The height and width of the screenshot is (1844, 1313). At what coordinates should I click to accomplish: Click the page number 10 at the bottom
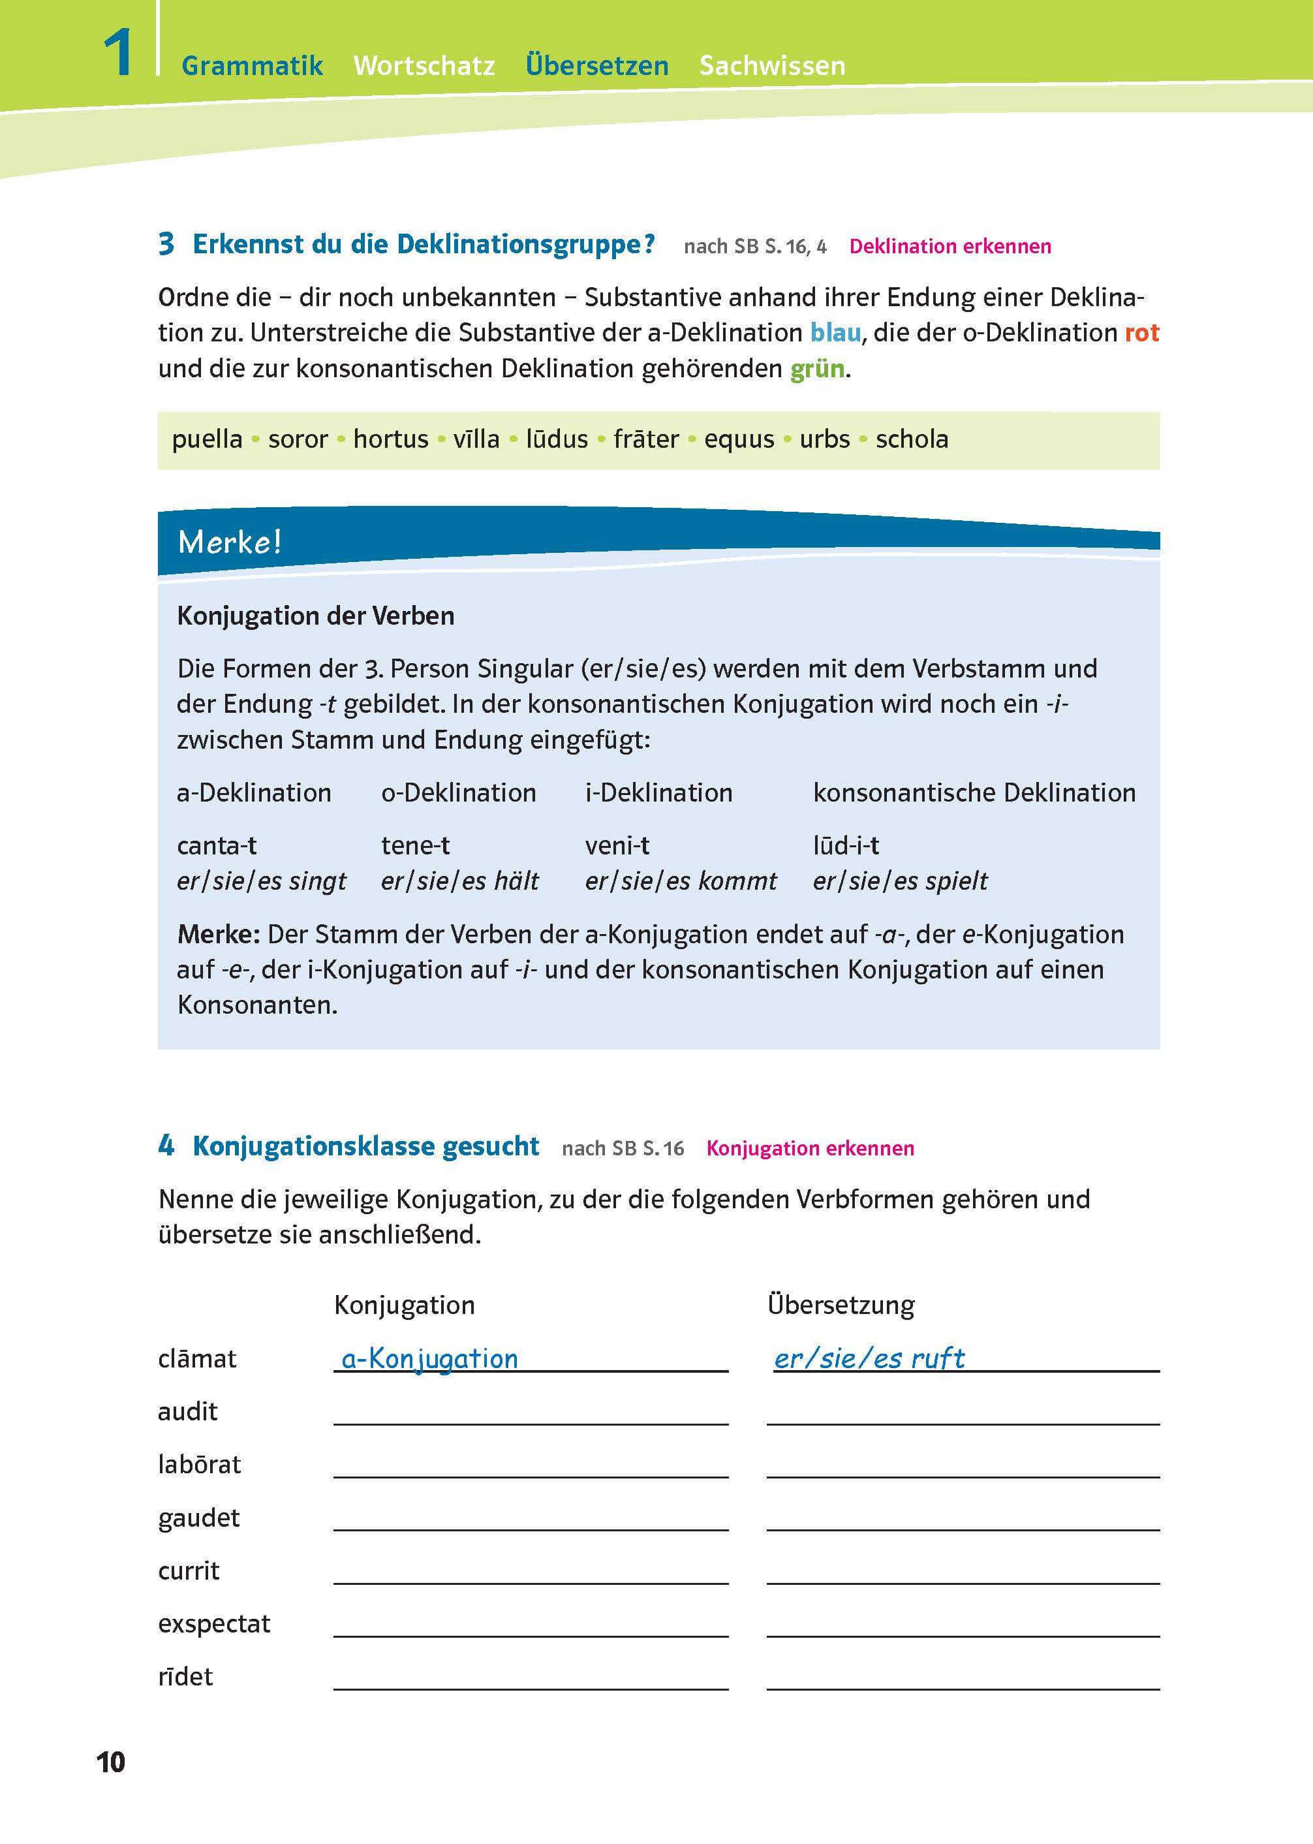point(111,1762)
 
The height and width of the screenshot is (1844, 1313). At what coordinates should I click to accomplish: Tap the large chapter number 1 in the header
point(118,54)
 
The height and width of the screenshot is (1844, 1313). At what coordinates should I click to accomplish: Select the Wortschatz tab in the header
point(424,65)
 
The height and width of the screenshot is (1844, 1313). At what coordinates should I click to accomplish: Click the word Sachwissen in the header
point(772,65)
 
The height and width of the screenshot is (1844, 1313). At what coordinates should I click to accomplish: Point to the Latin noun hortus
point(390,439)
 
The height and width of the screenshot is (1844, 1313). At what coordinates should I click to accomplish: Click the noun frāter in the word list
point(646,439)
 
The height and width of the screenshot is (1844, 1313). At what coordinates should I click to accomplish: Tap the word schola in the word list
point(911,439)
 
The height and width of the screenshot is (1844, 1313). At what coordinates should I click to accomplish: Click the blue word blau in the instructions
point(835,332)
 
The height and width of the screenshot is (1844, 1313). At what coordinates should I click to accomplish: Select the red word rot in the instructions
point(1141,332)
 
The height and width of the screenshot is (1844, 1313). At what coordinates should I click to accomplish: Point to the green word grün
point(816,369)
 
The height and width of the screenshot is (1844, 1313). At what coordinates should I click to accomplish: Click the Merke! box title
point(230,542)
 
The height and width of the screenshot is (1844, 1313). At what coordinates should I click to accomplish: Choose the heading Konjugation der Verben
point(315,616)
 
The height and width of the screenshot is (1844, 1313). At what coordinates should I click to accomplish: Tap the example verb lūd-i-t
point(846,845)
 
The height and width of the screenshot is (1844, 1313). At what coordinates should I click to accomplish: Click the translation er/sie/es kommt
point(680,881)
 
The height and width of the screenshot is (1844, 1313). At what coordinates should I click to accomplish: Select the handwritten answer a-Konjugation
point(429,1359)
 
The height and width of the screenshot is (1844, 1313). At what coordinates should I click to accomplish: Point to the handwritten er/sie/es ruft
point(869,1359)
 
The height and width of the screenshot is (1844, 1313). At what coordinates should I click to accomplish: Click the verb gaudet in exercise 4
point(199,1518)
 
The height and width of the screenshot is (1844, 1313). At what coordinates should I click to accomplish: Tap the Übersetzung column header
point(840,1305)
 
